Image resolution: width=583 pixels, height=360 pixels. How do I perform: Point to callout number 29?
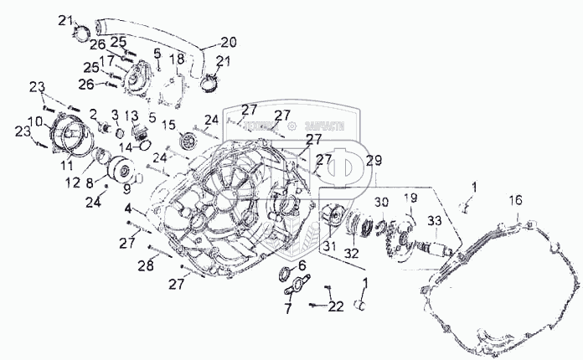coord(373,161)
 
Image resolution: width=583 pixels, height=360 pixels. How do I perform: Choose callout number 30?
coord(381,202)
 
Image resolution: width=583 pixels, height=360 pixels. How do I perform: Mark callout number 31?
coord(331,245)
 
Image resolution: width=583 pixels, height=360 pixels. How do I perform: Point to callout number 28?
coord(147,265)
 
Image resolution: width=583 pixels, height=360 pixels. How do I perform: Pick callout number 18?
coord(177,59)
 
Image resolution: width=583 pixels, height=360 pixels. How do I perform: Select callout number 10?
coord(36,123)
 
